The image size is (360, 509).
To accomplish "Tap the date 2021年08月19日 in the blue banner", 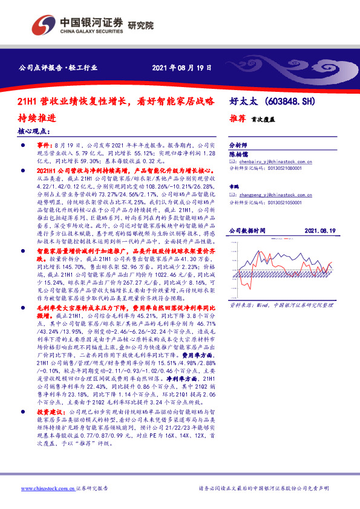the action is (x=182, y=68).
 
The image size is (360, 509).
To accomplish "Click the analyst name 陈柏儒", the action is (x=238, y=154).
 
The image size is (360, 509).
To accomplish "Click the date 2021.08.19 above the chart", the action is (x=319, y=232).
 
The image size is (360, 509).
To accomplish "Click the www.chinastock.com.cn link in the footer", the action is (x=47, y=488).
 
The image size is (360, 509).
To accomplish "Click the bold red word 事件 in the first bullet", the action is (x=45, y=146).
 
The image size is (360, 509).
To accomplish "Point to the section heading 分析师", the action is (x=237, y=146).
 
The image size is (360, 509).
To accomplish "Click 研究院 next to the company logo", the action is (x=140, y=26).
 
